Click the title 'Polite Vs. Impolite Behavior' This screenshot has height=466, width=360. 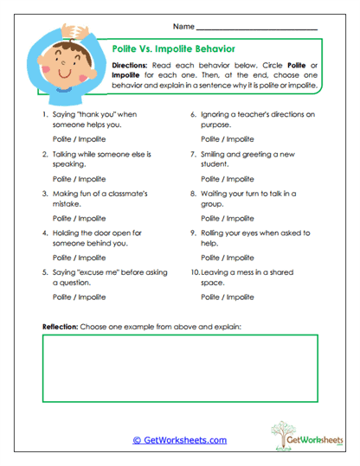[174, 49]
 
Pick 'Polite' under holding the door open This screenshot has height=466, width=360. [62, 258]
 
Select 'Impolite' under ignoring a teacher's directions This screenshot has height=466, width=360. [240, 138]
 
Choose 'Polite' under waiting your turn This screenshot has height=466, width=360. [210, 218]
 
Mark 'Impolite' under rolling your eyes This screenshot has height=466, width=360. [240, 258]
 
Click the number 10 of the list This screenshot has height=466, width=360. [196, 273]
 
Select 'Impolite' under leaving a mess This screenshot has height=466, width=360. [240, 297]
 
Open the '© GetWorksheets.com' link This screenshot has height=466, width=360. [179, 440]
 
